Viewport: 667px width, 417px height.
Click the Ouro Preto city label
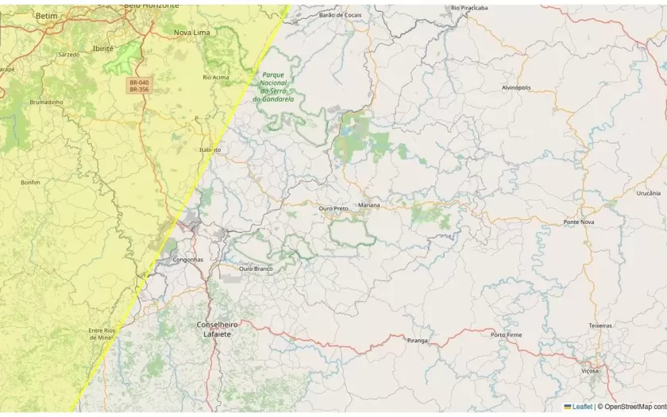[333, 208]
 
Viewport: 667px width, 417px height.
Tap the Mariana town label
[369, 205]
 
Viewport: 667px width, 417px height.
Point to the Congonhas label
[189, 259]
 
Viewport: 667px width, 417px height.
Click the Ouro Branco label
[256, 268]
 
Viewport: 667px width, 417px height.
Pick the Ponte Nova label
[579, 222]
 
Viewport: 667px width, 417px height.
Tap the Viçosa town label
[590, 371]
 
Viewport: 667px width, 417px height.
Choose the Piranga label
[417, 340]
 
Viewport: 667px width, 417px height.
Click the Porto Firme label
[507, 334]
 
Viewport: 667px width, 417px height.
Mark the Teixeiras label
[600, 326]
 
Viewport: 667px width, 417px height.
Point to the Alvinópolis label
[516, 87]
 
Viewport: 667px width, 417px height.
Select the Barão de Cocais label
[340, 14]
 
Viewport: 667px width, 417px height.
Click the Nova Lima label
[192, 33]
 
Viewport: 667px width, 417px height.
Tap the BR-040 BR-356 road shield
[139, 86]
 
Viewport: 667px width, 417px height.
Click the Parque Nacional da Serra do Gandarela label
[274, 87]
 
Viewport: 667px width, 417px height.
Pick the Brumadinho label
[45, 102]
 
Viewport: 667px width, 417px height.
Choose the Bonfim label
[30, 182]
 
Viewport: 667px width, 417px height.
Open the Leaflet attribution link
[582, 407]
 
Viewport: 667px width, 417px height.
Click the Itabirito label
[210, 149]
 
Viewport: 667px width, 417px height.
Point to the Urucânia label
[648, 193]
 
